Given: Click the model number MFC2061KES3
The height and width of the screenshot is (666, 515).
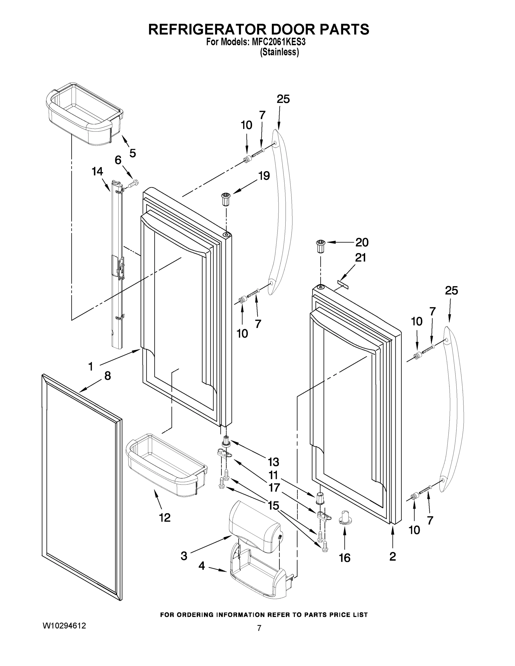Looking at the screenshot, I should (x=278, y=42).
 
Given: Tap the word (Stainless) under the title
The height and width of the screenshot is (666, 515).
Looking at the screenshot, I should (x=279, y=52).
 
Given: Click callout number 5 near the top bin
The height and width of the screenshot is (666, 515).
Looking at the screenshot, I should (x=132, y=153).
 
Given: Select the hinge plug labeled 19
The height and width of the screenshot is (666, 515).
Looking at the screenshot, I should (x=226, y=200).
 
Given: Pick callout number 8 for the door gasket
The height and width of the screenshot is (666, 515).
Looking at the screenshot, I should (x=107, y=376).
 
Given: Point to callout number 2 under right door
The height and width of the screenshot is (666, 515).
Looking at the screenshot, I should (x=393, y=556).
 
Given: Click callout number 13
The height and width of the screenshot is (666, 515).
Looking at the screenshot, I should (x=273, y=462).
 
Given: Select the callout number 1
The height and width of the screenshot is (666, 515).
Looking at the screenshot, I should (x=91, y=366).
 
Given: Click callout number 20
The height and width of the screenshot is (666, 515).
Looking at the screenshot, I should (x=362, y=243).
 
